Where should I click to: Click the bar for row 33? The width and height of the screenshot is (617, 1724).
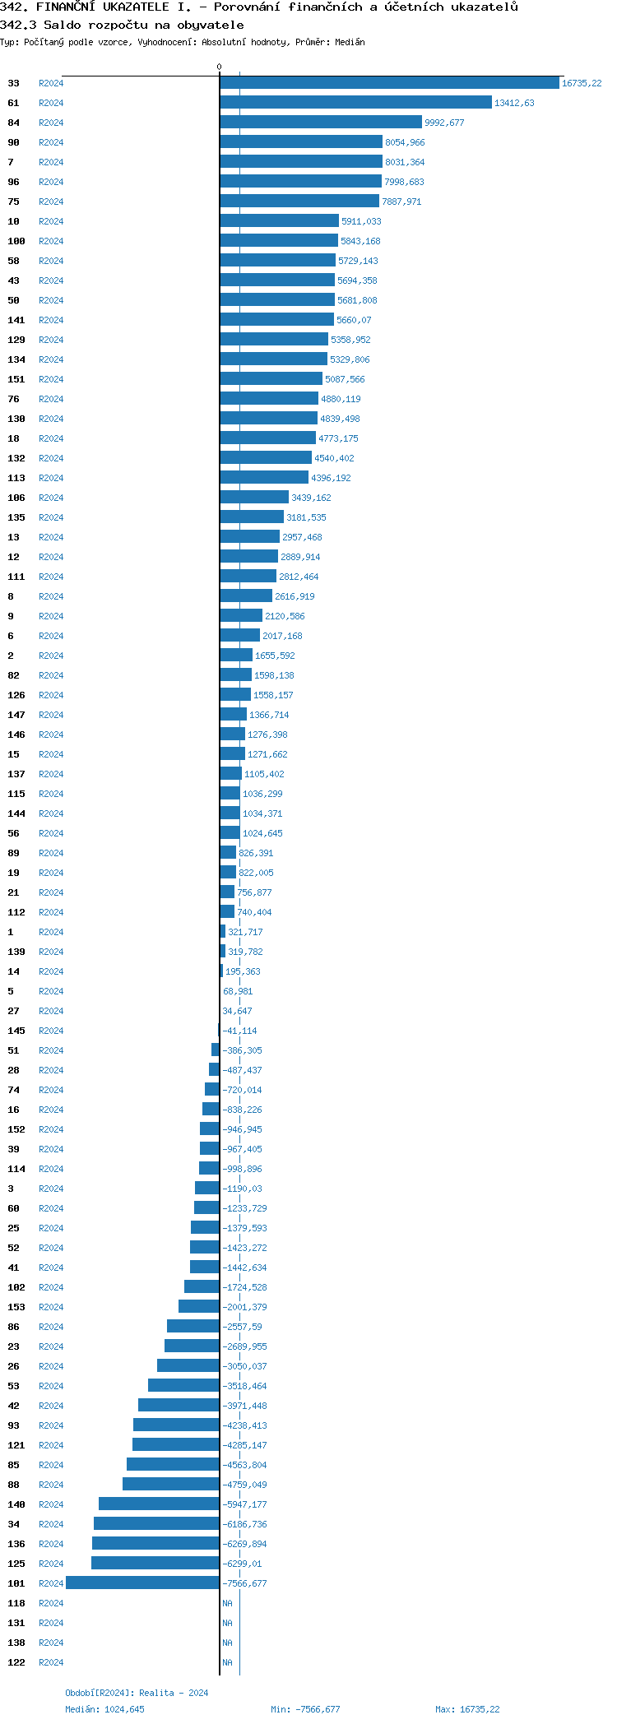coord(389,83)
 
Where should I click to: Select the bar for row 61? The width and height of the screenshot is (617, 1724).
coord(355,103)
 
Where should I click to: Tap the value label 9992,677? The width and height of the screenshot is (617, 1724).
coord(444,123)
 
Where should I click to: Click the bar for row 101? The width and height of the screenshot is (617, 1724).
coord(142,1583)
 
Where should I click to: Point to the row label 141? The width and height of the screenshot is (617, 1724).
coord(16,320)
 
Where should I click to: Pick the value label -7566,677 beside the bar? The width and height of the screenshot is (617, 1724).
coord(244,1583)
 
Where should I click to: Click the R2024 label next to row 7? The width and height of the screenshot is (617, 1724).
coord(51,162)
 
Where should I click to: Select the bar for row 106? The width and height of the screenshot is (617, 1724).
coord(254,498)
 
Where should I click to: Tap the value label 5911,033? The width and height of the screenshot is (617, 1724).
coord(361,221)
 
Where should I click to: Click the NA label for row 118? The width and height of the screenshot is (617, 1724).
coord(227,1603)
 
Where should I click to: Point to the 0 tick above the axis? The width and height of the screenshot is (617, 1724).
coord(219,67)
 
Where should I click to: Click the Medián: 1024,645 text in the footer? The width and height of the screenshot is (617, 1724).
coord(104,1709)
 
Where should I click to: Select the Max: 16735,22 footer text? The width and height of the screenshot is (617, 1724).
coord(466,1709)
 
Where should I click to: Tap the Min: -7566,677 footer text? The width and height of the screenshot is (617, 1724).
coord(305,1709)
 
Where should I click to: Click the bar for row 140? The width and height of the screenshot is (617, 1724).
coord(159,1504)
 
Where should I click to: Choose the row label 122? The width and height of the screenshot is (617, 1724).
coord(16,1662)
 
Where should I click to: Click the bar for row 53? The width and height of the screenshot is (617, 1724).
coord(183,1386)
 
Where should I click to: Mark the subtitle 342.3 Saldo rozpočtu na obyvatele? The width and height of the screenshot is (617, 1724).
coord(122,25)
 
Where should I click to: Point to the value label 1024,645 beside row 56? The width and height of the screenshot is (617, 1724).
coord(262,833)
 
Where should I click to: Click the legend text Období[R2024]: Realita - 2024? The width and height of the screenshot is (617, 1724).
coord(137,1693)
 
